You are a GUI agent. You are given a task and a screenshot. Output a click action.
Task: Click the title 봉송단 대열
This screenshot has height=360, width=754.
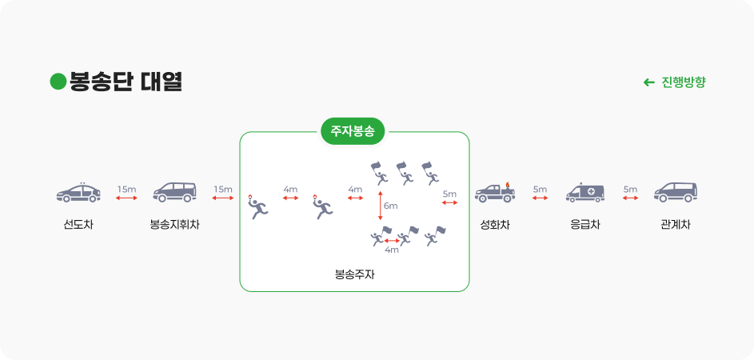coord(126,82)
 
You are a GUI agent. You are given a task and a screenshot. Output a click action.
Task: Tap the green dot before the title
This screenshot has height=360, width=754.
coord(58,82)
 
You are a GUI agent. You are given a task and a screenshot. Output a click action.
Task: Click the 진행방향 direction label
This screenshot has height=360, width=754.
coord(684,82)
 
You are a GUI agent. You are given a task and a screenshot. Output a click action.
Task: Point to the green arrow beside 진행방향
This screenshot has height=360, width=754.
coord(649,82)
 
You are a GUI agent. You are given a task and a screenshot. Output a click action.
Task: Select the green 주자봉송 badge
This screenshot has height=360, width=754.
coord(353,130)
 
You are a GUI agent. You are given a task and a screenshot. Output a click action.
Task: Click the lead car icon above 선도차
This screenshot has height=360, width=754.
coord(78,193)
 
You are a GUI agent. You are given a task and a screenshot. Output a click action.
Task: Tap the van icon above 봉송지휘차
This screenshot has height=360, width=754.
coord(174,192)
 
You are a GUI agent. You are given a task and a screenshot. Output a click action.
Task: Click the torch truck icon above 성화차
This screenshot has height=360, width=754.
coord(495,193)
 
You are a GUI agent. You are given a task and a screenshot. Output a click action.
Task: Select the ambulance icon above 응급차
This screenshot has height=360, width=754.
coord(585,193)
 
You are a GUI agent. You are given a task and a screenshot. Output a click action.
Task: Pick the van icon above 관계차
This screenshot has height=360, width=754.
coord(676,192)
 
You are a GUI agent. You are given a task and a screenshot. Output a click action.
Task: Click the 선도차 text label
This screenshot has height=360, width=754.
coord(78,225)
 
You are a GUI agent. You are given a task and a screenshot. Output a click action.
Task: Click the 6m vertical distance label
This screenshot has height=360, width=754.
coord(390,206)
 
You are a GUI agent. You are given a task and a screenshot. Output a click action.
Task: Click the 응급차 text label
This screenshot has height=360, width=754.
coord(585,225)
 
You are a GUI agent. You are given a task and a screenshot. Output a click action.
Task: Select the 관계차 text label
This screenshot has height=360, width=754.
coord(676,225)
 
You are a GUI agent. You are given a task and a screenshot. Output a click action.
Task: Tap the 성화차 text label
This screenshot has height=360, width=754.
coord(495,225)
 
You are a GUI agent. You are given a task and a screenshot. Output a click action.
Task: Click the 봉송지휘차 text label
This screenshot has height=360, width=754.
coord(174,225)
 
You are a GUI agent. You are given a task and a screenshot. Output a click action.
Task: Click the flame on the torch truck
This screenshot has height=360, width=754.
coord(505,186)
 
